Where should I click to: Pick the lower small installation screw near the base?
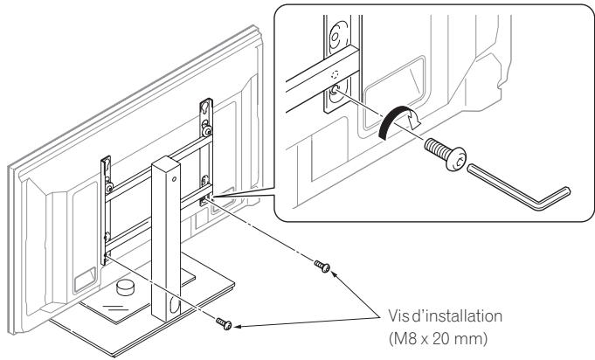(x=225, y=322)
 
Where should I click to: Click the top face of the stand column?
(x=166, y=161)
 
